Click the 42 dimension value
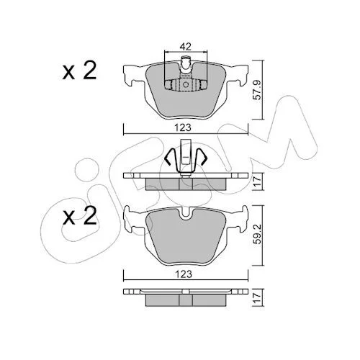tap(186, 46)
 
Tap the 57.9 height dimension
tap(258, 90)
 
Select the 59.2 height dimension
tap(258, 235)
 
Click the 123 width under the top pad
tap(183, 127)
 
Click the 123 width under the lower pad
tap(184, 274)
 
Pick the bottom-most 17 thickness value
tap(258, 297)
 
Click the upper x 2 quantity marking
tap(79, 70)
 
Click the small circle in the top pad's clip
tap(186, 84)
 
